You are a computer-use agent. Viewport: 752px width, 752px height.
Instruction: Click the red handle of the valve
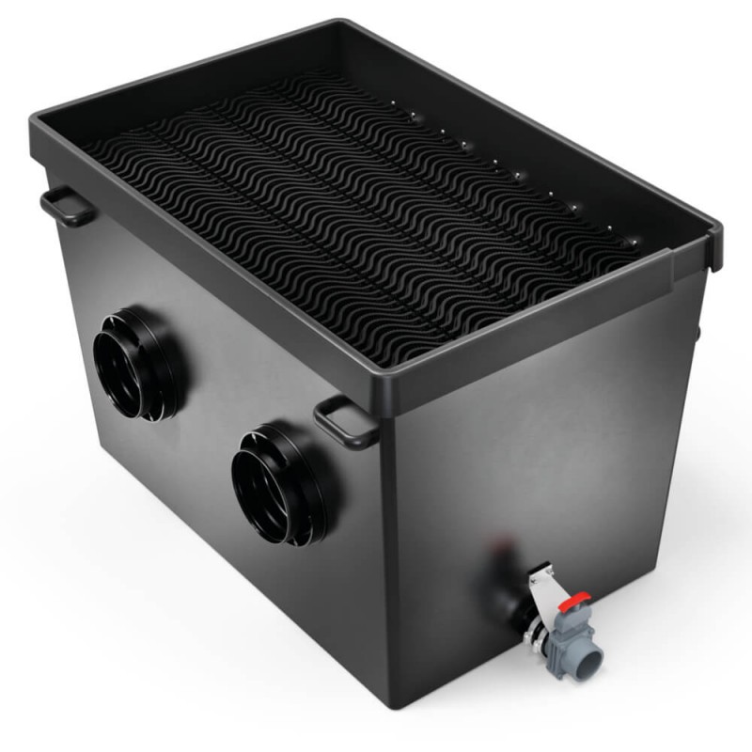pyautogui.click(x=575, y=598)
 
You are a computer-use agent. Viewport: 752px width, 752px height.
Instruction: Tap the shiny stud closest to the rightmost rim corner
pyautogui.click(x=632, y=242)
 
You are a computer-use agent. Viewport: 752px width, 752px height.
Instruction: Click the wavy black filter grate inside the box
pyautogui.click(x=357, y=216)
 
